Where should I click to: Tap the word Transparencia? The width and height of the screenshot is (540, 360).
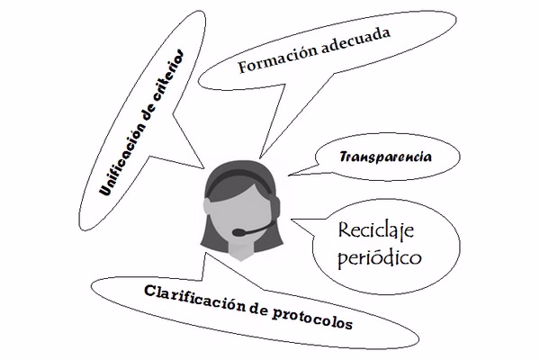pos(385,157)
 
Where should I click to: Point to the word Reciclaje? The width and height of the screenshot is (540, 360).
pos(375,230)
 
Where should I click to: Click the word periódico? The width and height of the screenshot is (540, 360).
pos(379,256)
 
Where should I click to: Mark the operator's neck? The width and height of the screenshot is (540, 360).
pos(241,251)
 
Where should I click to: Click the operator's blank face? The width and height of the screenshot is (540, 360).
pos(241,213)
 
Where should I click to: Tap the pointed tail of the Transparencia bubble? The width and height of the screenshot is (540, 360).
pos(289,175)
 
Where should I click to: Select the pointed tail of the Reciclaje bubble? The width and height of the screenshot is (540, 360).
pos(292,220)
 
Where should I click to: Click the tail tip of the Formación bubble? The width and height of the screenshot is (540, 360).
pos(260,157)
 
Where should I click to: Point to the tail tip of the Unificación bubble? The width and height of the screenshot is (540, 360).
pos(204,168)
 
